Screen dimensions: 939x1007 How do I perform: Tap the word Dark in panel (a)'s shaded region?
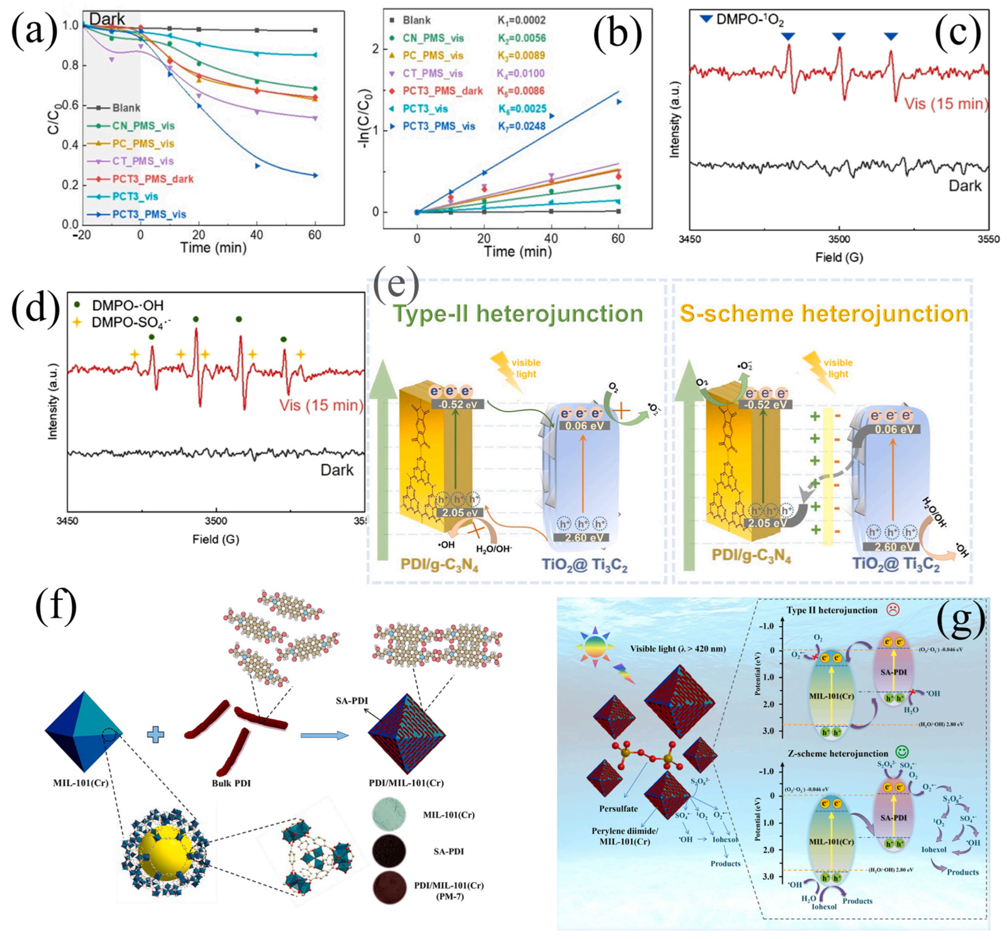coord(107,19)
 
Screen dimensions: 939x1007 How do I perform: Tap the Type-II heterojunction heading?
coord(518,314)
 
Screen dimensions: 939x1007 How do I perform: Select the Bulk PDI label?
coord(231,783)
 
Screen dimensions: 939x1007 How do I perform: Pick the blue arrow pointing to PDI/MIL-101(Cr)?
coord(324,735)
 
